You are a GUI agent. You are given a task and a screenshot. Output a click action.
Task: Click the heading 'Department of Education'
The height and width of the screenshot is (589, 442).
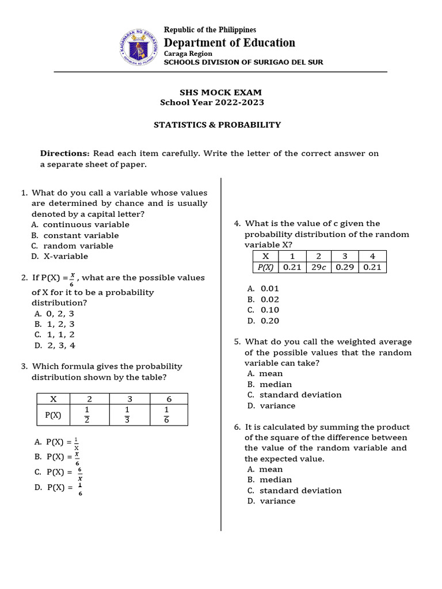[x=230, y=43]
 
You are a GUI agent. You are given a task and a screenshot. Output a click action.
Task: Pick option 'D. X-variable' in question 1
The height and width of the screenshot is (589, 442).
[x=61, y=256]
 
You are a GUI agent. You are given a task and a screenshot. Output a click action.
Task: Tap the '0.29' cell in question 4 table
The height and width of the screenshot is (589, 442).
[x=345, y=267]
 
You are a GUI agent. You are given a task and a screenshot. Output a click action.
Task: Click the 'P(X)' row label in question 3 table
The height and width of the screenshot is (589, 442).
[x=53, y=415]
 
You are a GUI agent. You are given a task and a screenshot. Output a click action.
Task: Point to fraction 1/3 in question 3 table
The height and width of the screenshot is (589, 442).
[x=129, y=415]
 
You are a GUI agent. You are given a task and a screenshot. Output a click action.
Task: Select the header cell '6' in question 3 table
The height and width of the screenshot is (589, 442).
[x=169, y=399]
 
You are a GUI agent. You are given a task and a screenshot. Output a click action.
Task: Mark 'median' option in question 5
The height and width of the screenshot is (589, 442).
[x=275, y=384]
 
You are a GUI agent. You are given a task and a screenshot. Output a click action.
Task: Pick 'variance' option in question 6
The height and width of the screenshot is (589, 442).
[x=277, y=501]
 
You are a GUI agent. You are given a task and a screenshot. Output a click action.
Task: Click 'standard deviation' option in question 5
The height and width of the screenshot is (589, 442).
[x=300, y=395]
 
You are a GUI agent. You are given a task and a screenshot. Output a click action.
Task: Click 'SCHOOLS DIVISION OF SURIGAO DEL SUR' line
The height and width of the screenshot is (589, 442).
[x=243, y=62]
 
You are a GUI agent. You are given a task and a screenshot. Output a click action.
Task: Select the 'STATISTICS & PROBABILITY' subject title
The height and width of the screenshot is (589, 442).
[x=217, y=124]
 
